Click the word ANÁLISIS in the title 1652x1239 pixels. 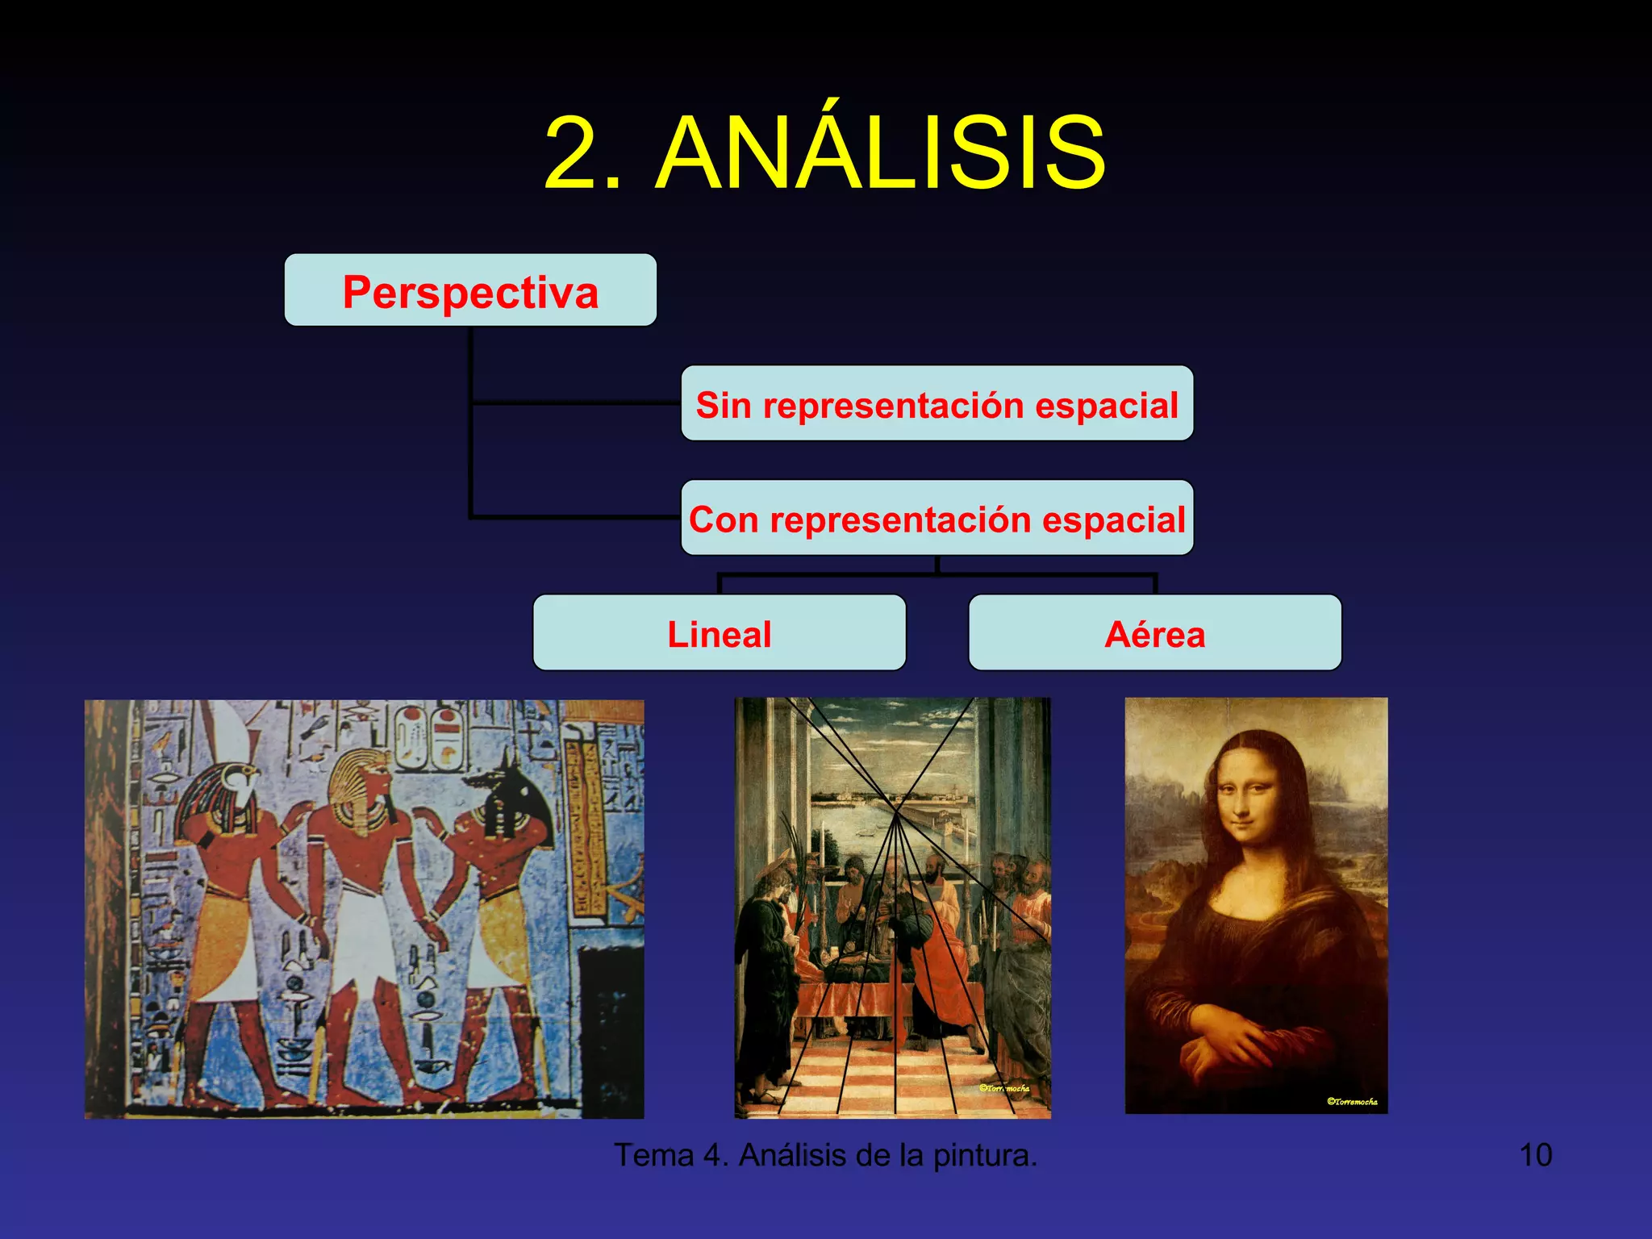click(x=881, y=153)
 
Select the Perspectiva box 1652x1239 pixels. click(x=470, y=290)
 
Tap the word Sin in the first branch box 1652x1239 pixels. click(x=723, y=405)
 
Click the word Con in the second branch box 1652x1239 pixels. click(x=723, y=519)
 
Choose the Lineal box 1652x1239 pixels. click(x=719, y=633)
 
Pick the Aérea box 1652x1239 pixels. click(x=1154, y=633)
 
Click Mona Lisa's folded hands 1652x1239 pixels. click(x=1234, y=1049)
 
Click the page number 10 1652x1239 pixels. click(x=1535, y=1155)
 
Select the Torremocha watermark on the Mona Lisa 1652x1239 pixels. click(x=1352, y=1101)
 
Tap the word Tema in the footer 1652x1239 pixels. click(x=653, y=1155)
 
